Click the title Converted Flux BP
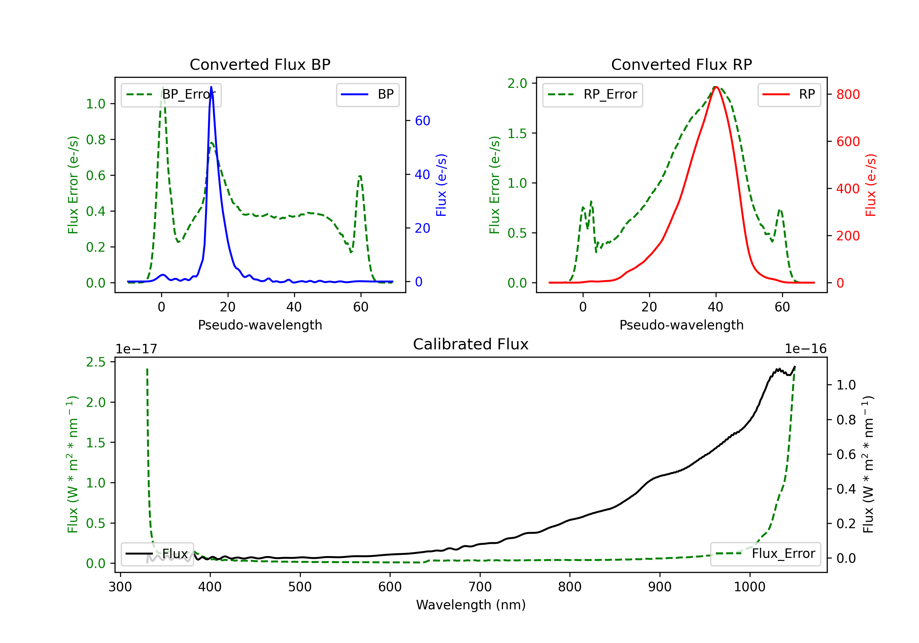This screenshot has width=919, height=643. coord(260,64)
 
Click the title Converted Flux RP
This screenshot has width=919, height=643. coord(681,64)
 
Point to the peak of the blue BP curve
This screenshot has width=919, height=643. coord(211,87)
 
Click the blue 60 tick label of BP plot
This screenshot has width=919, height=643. coord(422,121)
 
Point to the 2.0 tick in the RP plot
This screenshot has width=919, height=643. coord(517,83)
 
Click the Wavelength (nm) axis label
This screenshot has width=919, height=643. coord(471,605)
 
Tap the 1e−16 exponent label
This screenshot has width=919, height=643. coord(805,349)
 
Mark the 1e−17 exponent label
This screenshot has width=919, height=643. coord(136,349)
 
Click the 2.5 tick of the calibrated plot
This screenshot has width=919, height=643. coord(96,362)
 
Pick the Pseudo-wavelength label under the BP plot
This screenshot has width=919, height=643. coord(260,325)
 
